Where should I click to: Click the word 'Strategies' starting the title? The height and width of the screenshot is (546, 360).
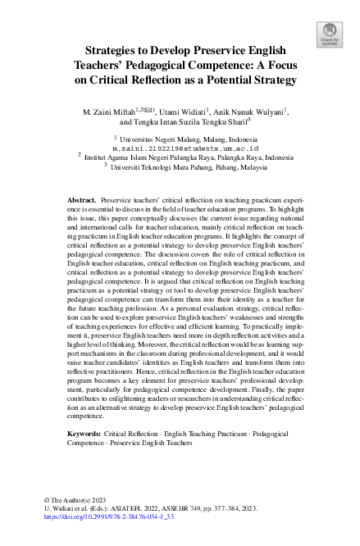[x=115, y=50]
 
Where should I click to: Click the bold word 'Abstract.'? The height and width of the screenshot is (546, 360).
[x=81, y=199]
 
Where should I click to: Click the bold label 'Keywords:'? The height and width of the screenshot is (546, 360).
[x=84, y=432]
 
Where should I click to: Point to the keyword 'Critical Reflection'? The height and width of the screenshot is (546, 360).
[x=132, y=432]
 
